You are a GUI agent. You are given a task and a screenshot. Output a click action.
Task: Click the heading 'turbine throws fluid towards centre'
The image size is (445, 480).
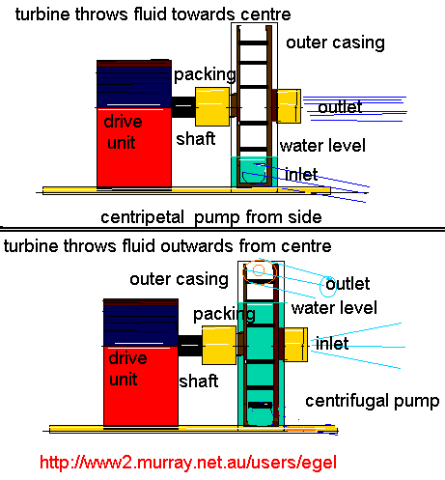coord(146,14)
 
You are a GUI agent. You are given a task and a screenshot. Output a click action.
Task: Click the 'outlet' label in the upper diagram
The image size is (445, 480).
coord(340,107)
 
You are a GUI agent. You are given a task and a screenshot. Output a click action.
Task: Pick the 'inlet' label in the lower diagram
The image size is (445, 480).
coord(333,344)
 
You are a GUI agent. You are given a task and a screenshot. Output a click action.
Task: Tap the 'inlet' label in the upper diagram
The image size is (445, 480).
coord(302,174)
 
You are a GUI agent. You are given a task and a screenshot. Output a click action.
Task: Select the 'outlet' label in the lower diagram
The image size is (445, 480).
coord(348,284)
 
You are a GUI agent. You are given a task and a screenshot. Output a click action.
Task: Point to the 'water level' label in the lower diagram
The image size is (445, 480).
coord(334,309)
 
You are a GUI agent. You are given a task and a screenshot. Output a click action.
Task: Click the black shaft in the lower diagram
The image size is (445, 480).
coord(190,341)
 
